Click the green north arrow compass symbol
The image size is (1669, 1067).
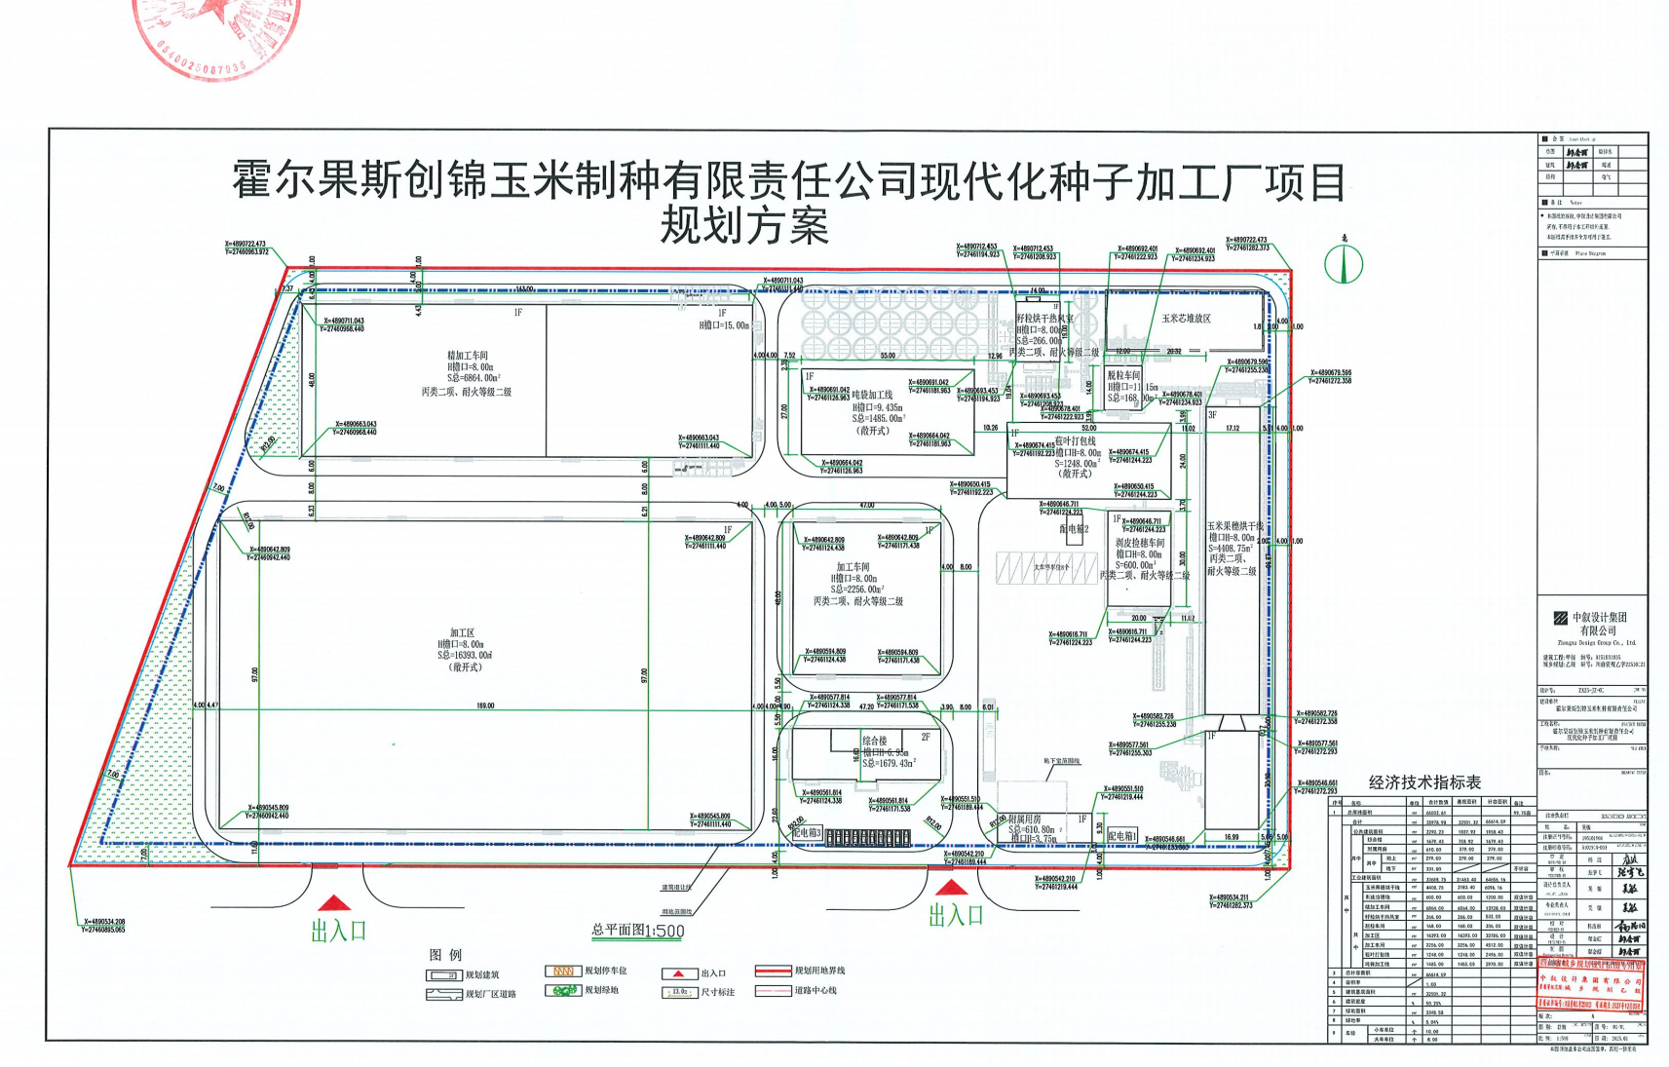coord(1344,262)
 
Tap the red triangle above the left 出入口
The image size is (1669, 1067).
coord(333,904)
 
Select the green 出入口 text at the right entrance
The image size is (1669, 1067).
coord(955,915)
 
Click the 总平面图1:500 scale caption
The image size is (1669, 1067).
coord(638,931)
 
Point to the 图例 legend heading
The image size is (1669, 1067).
coord(445,955)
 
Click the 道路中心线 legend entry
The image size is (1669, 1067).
coord(815,991)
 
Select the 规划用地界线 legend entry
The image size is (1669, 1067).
coord(818,972)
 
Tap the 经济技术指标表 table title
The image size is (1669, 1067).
coord(1424,782)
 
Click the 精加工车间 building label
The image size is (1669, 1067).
coord(468,356)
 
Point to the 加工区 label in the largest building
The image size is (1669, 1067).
coord(462,632)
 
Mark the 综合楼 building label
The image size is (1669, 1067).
coord(874,742)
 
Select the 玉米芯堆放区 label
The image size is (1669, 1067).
coord(1186,319)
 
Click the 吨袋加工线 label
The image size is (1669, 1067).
coord(872,396)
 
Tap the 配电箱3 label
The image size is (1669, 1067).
coord(807,833)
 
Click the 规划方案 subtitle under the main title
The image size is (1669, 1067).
coord(745,226)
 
